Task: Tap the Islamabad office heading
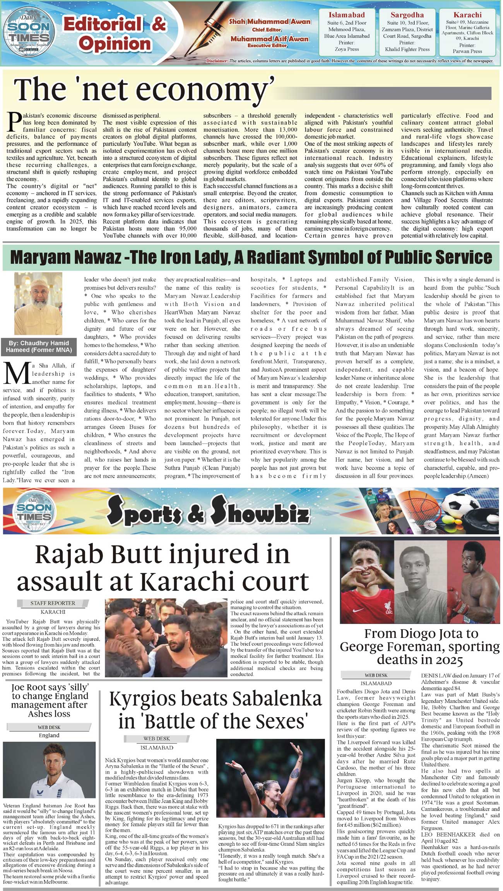346,15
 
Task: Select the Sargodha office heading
407,15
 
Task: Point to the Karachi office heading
467,15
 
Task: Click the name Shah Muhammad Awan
269,22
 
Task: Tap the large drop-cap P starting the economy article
14,122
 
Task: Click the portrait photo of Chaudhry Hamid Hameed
38,303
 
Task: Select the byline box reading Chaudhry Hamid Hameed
39,346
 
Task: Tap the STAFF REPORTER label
53,603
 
